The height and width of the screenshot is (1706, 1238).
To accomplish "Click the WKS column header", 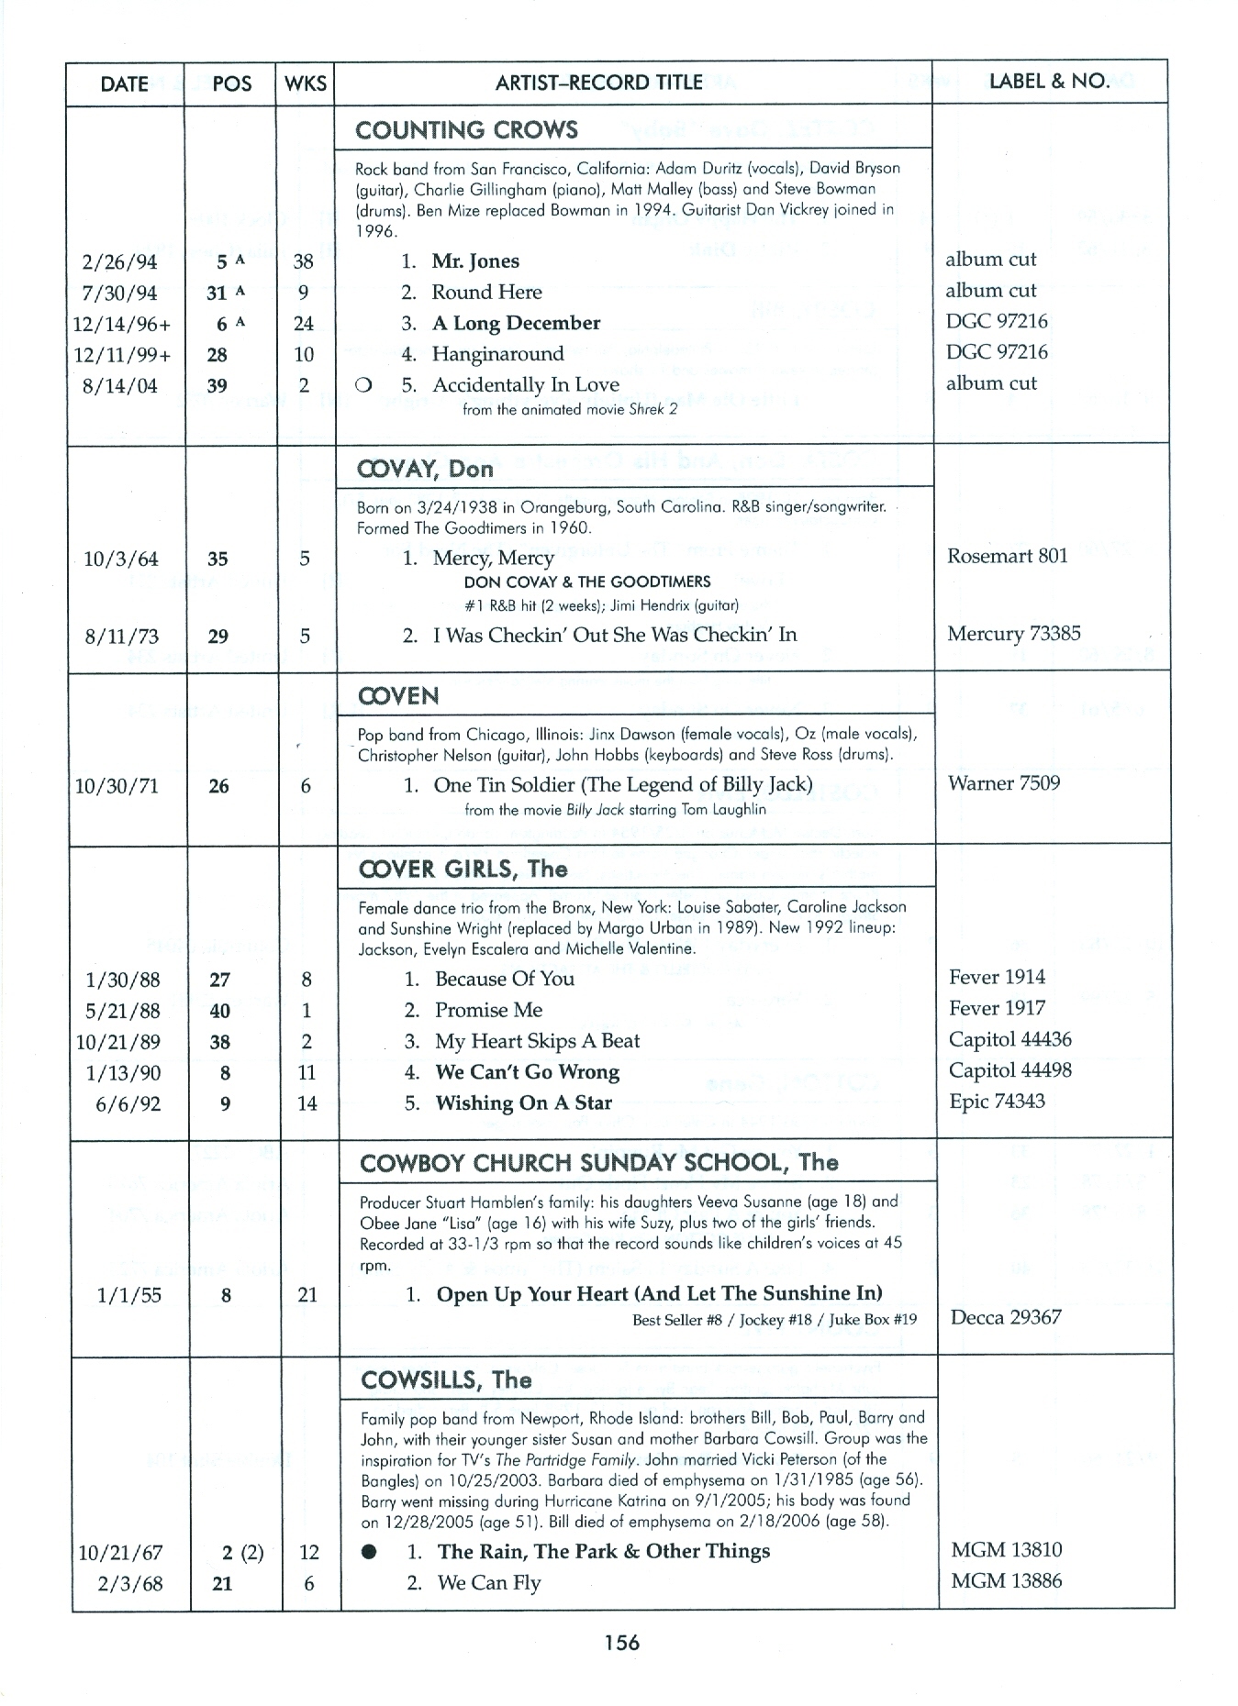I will pyautogui.click(x=305, y=83).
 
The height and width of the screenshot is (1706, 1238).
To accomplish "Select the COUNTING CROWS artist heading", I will pyautogui.click(x=466, y=130).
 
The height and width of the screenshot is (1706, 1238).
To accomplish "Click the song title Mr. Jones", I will pyautogui.click(x=475, y=261).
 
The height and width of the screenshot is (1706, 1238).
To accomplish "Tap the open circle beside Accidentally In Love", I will pyautogui.click(x=362, y=386).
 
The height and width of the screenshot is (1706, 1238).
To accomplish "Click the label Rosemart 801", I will pyautogui.click(x=1007, y=556).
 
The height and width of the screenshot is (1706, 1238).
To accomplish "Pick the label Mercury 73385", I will pyautogui.click(x=1013, y=634).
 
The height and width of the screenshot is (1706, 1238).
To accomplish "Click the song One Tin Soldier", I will pyautogui.click(x=622, y=784).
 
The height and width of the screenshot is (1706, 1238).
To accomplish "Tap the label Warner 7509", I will pyautogui.click(x=1003, y=783).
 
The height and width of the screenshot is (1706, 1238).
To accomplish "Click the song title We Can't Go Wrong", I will pyautogui.click(x=527, y=1072).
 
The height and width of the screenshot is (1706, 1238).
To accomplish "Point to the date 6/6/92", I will pyautogui.click(x=128, y=1104).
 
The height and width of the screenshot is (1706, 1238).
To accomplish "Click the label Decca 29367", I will pyautogui.click(x=1006, y=1318).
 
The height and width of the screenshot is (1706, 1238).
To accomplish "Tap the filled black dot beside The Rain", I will pyautogui.click(x=369, y=1552).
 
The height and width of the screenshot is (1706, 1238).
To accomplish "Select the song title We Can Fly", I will pyautogui.click(x=489, y=1583).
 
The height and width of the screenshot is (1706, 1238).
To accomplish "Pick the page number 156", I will pyautogui.click(x=621, y=1643).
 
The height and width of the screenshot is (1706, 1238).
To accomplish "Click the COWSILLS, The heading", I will pyautogui.click(x=446, y=1380).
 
